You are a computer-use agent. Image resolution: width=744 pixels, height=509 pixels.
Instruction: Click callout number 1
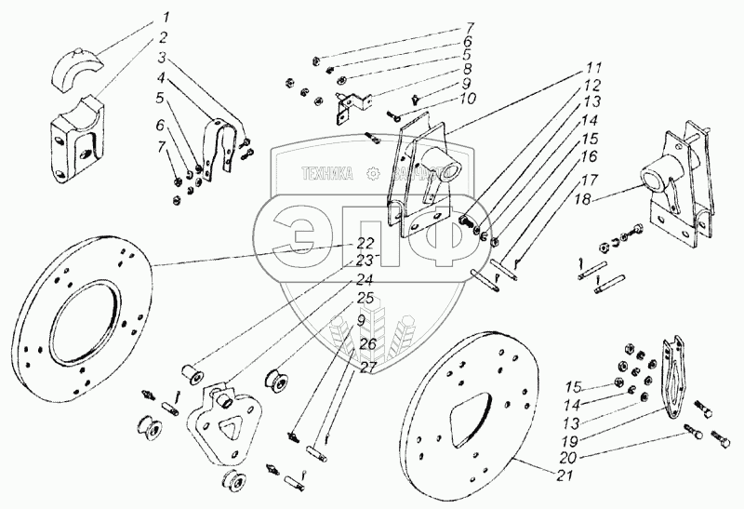coord(165,18)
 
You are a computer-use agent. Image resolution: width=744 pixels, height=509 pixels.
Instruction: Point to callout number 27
coord(367,368)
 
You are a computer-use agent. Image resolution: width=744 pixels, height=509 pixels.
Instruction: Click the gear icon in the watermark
coord(374,171)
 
